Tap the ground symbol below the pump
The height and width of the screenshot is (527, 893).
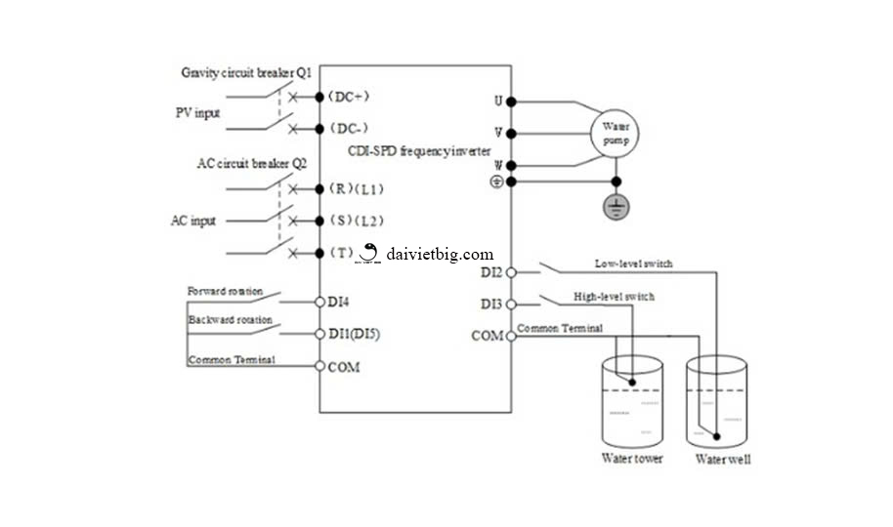615,207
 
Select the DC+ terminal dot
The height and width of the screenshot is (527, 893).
319,97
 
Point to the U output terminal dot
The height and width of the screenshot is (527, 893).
511,101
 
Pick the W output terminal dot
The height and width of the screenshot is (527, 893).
511,165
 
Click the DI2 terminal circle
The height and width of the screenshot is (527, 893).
511,272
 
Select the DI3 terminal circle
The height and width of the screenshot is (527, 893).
511,304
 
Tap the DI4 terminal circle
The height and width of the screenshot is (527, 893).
319,303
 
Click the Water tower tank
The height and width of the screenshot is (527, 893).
632,401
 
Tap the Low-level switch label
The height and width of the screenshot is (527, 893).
633,263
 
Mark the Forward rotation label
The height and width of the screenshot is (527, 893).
223,291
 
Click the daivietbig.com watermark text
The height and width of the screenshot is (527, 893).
440,254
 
